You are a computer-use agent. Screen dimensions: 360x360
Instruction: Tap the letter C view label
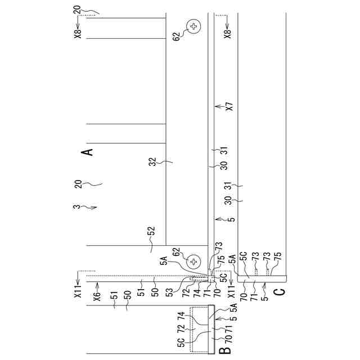click(x=281, y=292)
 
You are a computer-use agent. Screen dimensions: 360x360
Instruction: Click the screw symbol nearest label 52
click(x=193, y=262)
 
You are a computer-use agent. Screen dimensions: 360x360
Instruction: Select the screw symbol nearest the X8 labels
click(x=194, y=26)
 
